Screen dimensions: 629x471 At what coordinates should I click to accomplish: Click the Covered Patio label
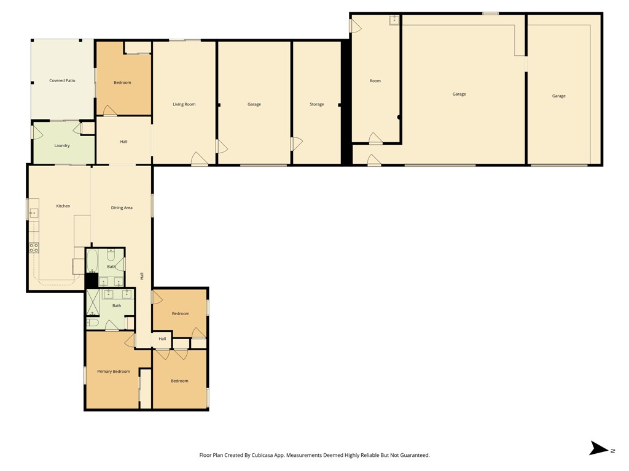coord(62,80)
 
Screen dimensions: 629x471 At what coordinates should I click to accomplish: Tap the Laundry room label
coord(62,145)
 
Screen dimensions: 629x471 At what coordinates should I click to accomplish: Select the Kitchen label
coord(63,206)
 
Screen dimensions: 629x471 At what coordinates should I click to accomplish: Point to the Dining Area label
coord(122,207)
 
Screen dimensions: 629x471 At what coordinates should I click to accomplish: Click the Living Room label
coord(184,104)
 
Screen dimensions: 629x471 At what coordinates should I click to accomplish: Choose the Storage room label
coord(316,104)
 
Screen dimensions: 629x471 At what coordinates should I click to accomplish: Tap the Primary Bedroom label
coord(114,371)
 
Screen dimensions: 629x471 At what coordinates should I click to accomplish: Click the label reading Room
coord(375,80)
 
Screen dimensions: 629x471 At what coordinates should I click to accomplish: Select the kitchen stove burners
coord(34,248)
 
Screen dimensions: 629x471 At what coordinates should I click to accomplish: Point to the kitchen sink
coord(34,213)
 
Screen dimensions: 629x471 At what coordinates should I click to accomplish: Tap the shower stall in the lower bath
coord(93,303)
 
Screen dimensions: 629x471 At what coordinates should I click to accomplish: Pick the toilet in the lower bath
coord(93,323)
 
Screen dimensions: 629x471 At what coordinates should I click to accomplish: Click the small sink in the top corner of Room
coord(394,20)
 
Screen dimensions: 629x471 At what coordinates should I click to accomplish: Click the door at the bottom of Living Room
coord(200,159)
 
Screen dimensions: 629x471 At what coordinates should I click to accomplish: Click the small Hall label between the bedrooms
coord(162,339)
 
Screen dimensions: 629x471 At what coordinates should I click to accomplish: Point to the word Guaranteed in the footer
coord(416,455)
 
